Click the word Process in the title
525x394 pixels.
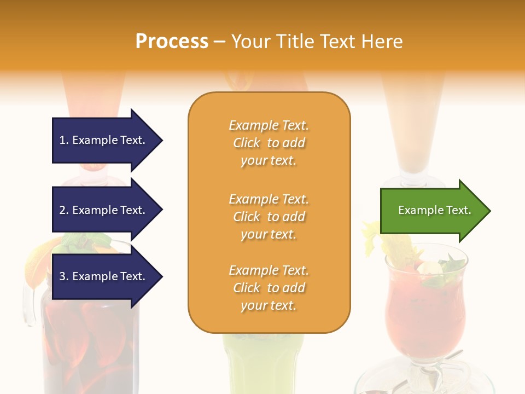[172, 42]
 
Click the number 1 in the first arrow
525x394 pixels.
[63, 140]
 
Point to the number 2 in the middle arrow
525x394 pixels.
[63, 210]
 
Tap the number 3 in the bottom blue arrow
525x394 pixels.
[63, 276]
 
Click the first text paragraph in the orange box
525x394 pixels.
[269, 143]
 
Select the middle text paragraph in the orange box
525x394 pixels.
[269, 217]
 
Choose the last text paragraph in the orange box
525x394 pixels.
[269, 288]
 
